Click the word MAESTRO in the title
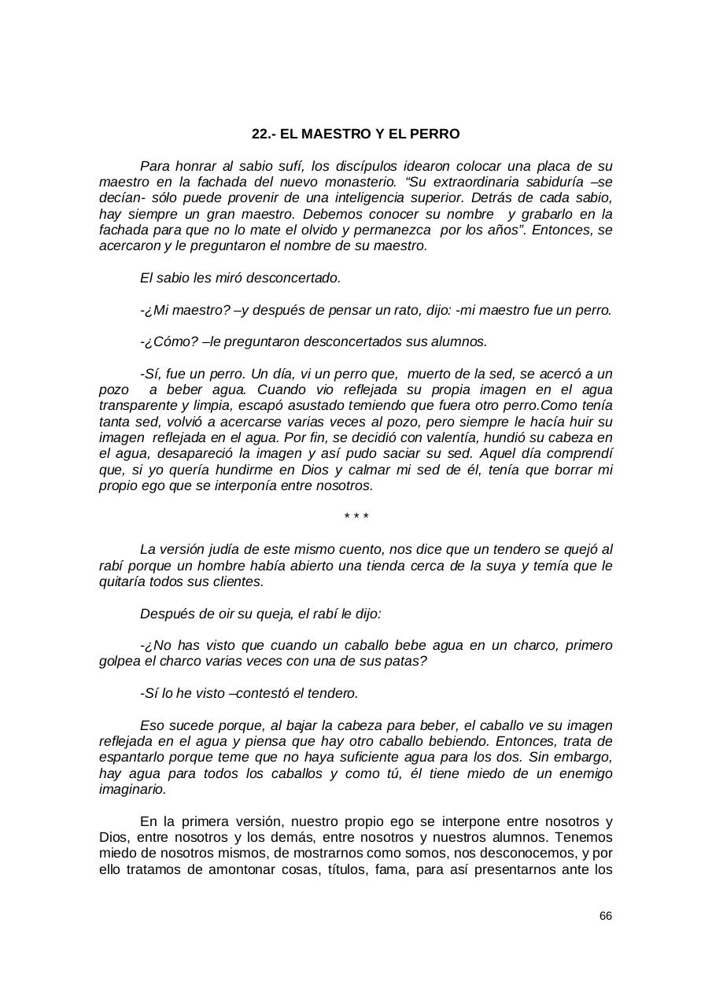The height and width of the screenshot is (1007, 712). [x=325, y=135]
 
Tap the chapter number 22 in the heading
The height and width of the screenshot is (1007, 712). [x=259, y=135]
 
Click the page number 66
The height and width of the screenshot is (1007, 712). [x=605, y=916]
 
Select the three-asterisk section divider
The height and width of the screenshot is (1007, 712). [x=356, y=517]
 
